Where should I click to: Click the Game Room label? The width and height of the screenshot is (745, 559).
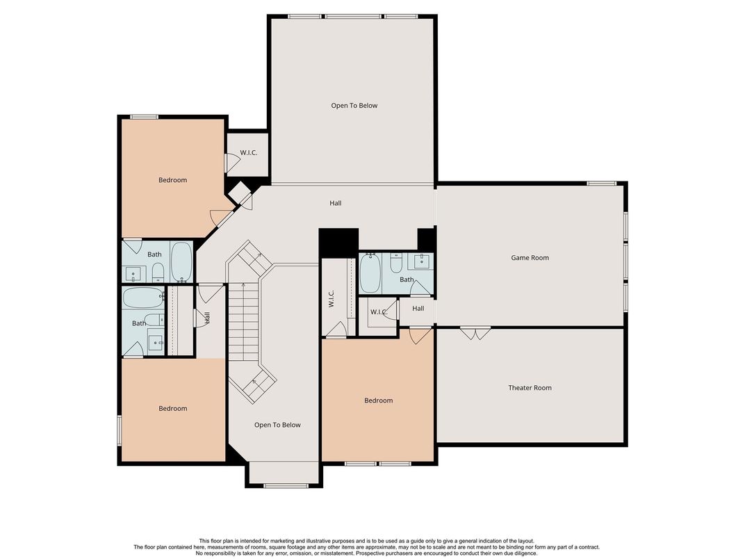click(x=530, y=258)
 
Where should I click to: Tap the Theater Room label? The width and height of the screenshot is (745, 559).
click(x=530, y=388)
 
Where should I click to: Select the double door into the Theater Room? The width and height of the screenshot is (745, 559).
click(x=476, y=334)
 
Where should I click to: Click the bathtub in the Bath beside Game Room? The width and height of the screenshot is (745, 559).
click(x=370, y=274)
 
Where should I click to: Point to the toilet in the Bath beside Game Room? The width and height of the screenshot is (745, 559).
click(x=396, y=264)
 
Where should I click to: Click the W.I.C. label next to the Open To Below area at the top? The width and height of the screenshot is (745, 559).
click(x=249, y=152)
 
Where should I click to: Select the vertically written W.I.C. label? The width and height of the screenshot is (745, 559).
click(x=331, y=299)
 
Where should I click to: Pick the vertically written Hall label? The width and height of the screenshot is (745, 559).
click(x=207, y=318)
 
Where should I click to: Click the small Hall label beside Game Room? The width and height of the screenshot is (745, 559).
click(x=418, y=308)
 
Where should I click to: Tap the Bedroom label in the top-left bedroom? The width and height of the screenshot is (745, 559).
click(x=172, y=180)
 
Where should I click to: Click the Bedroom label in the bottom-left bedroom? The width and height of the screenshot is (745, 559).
click(x=172, y=409)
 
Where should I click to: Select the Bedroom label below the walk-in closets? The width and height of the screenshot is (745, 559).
click(x=379, y=400)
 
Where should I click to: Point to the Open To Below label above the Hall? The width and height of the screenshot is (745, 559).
click(x=354, y=106)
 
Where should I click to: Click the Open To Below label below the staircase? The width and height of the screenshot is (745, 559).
click(x=277, y=425)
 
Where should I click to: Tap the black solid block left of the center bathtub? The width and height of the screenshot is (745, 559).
click(x=338, y=243)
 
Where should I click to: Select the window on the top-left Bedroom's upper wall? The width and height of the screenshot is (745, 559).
click(x=144, y=117)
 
